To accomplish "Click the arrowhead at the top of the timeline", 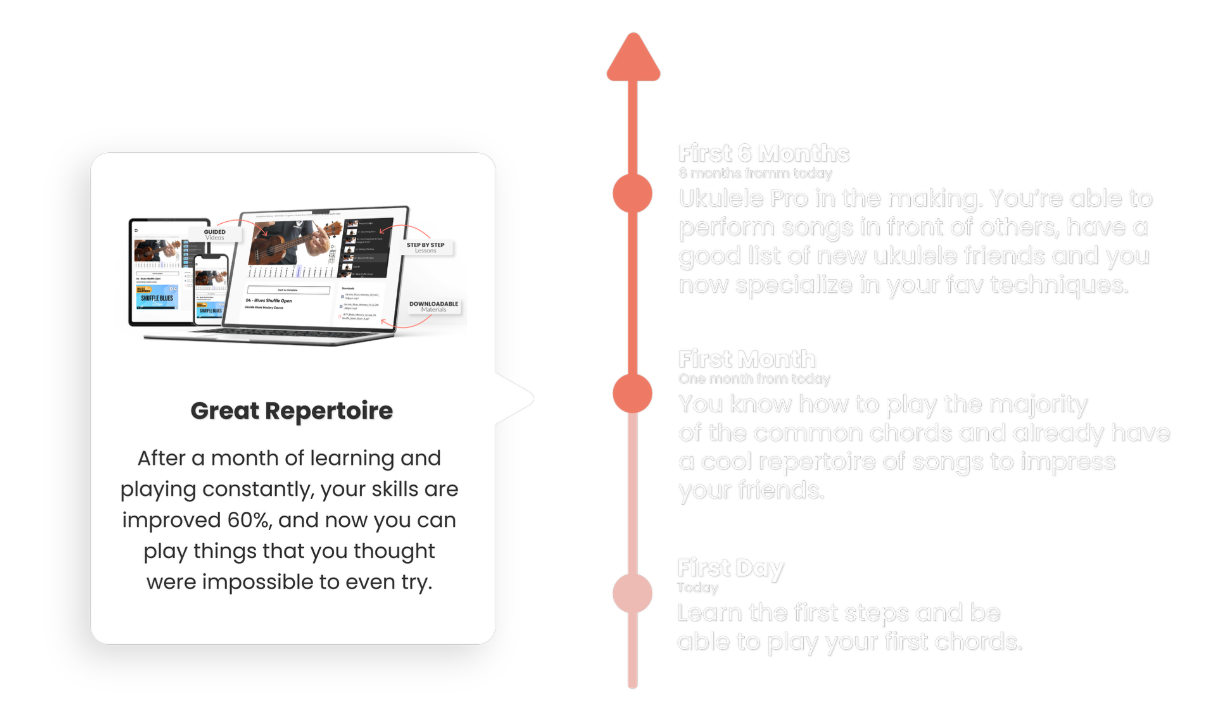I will [x=633, y=58].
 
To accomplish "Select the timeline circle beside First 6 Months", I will [x=633, y=194].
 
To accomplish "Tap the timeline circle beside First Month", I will [x=633, y=394].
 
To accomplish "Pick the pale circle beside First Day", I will [x=633, y=593].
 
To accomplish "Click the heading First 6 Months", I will [x=764, y=153].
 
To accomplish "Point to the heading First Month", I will [x=747, y=359].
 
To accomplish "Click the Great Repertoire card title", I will [x=292, y=411].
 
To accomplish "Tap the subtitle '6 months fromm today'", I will [x=755, y=173].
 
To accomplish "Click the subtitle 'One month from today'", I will [x=754, y=379].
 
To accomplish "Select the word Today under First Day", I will [x=697, y=587].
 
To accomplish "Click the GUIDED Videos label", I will [x=215, y=234].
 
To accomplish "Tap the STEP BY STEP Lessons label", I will [x=425, y=247].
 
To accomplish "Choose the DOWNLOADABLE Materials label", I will [x=433, y=306].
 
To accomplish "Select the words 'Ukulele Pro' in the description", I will [x=743, y=199].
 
